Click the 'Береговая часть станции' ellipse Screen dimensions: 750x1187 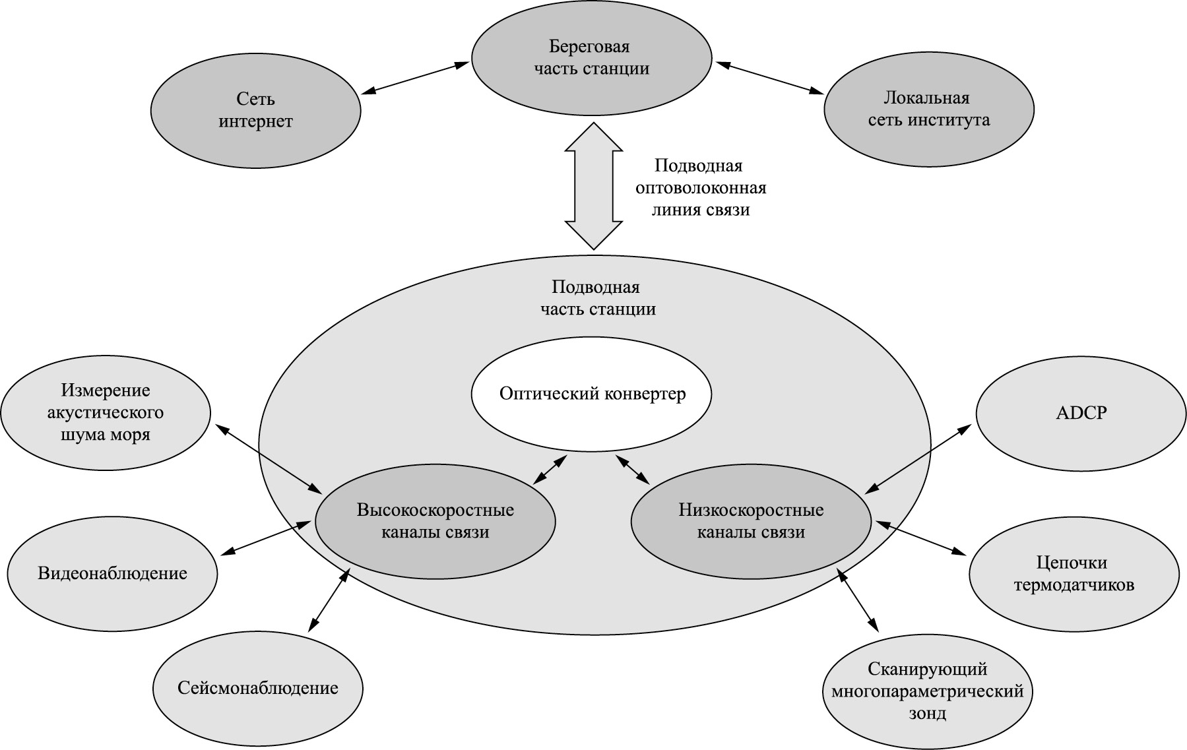coord(591,58)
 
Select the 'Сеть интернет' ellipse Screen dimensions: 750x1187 coord(255,110)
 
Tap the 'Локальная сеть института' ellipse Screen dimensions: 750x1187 coord(928,109)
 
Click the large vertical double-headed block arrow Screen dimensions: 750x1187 coord(594,187)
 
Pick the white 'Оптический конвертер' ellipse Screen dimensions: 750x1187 coord(592,394)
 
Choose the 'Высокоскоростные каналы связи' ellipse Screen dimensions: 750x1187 coord(435,521)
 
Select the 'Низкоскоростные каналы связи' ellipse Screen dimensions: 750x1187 coord(751,521)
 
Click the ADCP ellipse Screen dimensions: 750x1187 coord(1081,414)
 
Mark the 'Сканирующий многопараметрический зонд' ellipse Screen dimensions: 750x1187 coord(927,691)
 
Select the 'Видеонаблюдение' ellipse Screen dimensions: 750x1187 coord(112,573)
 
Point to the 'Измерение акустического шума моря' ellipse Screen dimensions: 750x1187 coord(106,413)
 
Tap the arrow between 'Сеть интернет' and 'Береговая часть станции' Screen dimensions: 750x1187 coord(416,78)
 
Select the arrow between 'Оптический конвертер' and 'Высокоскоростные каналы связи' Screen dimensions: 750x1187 coord(550,470)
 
